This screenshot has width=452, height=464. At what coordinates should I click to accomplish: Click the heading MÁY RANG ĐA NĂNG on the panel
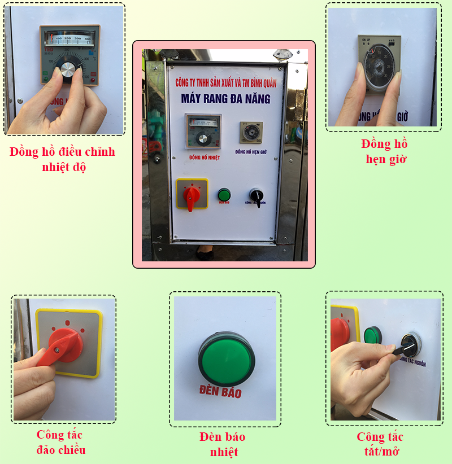point(225,99)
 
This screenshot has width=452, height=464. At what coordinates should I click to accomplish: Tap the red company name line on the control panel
point(225,82)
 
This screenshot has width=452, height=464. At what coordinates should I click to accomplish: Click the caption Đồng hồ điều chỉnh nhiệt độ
point(62,159)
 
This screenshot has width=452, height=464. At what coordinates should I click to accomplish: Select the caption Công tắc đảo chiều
point(60,442)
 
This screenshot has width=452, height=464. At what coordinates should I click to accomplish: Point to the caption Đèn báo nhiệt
point(222,444)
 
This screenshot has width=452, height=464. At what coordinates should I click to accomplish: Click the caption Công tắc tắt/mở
point(380,444)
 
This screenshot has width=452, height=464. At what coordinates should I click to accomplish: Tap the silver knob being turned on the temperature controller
point(68,70)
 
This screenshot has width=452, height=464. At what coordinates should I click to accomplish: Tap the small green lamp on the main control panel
point(224,195)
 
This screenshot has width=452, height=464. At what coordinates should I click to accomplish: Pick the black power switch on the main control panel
point(257,196)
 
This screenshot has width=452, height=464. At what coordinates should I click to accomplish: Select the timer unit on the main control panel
point(250,133)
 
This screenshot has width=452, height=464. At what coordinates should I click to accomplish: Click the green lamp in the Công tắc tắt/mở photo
point(372,335)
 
